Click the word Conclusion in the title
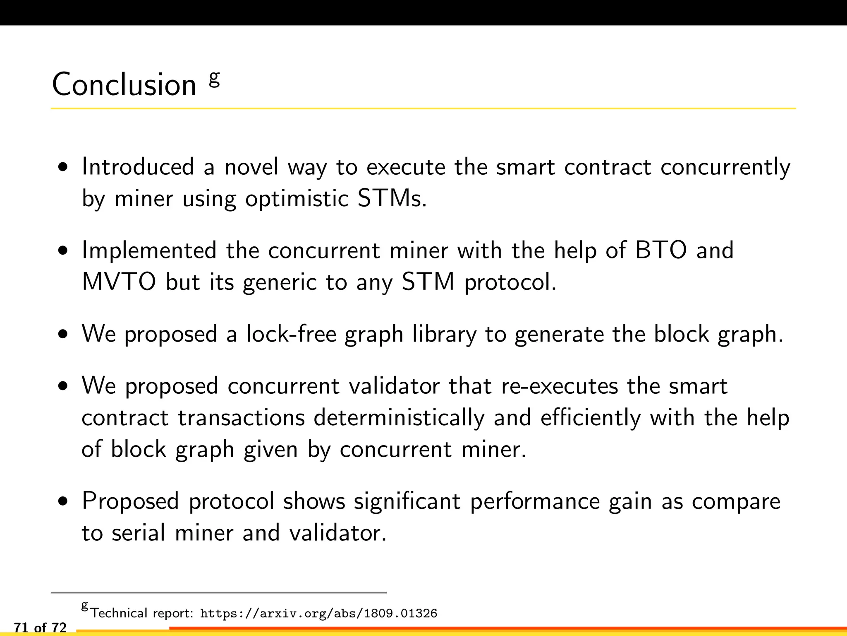[124, 84]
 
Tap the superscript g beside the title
[214, 78]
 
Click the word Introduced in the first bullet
[138, 167]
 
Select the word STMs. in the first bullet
[392, 198]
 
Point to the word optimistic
[297, 199]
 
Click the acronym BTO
[661, 251]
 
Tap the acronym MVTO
[119, 282]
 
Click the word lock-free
[291, 334]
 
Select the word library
[444, 335]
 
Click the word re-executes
[560, 386]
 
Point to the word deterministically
[399, 417]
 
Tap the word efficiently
[590, 417]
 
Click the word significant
[407, 501]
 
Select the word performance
[535, 501]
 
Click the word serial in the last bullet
[139, 533]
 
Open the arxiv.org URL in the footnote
[318, 613]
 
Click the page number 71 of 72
[40, 628]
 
